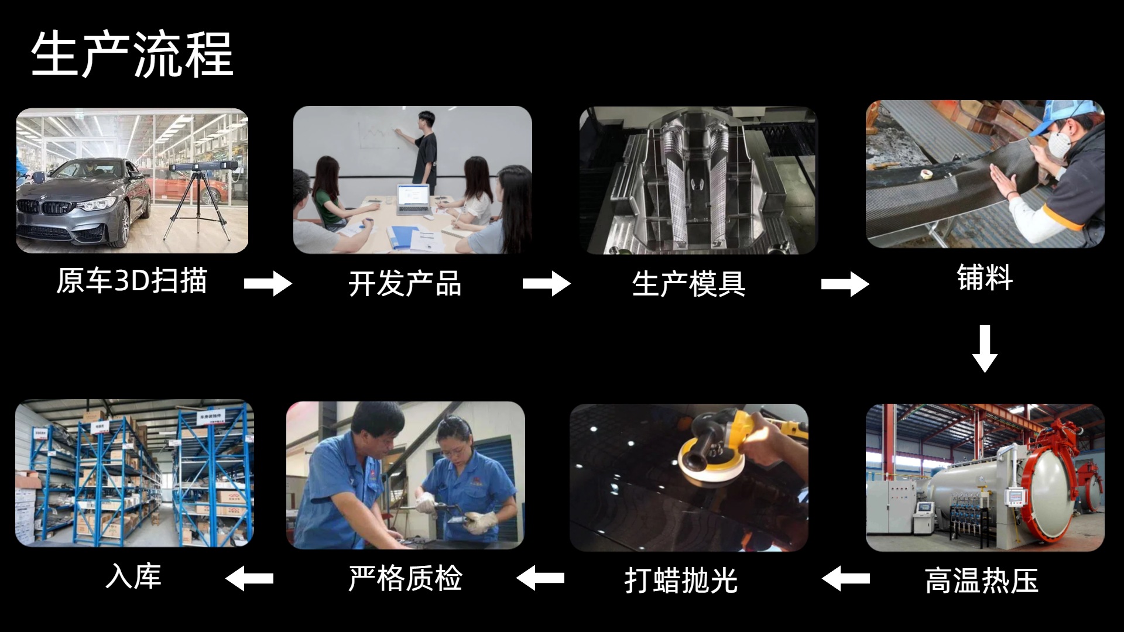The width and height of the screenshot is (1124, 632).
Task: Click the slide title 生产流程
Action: click(x=132, y=55)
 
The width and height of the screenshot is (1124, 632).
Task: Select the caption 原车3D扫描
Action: click(x=132, y=280)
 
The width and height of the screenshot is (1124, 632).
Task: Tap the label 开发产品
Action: click(x=405, y=284)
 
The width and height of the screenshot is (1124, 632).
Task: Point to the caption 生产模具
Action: click(x=688, y=284)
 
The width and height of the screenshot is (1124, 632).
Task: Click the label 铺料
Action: click(x=985, y=277)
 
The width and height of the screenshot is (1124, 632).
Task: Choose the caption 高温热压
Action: click(x=982, y=581)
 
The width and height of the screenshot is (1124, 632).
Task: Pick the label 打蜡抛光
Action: click(x=681, y=581)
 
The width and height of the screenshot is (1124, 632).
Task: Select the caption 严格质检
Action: click(x=405, y=578)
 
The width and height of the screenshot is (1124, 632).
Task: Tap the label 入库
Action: click(x=133, y=576)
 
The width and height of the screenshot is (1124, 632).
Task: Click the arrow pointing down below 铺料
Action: click(x=985, y=349)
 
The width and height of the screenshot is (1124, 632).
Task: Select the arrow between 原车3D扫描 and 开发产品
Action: click(x=268, y=284)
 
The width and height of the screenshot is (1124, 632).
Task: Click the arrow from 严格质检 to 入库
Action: click(x=249, y=579)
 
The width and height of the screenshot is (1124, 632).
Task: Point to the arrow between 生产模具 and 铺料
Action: click(x=845, y=284)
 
